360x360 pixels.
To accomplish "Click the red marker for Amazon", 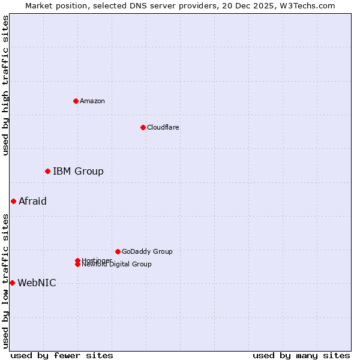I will click(x=76, y=101).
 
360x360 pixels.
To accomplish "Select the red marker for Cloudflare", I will click(x=143, y=127).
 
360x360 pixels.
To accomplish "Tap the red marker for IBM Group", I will click(x=47, y=172).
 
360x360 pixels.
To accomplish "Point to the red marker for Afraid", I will click(x=13, y=201).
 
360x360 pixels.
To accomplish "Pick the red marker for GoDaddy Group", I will click(x=118, y=251).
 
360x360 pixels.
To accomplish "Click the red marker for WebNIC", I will click(x=12, y=283).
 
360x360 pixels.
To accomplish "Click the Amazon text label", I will click(x=92, y=101).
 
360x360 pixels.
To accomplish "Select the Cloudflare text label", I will click(x=163, y=127).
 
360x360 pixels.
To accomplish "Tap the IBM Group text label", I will click(x=78, y=172).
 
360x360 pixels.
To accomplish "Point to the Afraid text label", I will click(x=32, y=201).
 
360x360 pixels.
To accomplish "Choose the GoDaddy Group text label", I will click(x=147, y=251).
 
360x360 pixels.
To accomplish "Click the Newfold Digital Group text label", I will click(x=116, y=265).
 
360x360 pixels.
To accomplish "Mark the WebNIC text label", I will click(x=37, y=283).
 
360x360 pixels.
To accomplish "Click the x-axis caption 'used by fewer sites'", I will click(x=62, y=355).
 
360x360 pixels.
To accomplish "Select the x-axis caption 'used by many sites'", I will click(x=301, y=355).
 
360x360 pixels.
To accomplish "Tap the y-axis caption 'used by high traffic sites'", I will click(x=5, y=85).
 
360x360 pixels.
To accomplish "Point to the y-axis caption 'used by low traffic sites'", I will click(x=5, y=281).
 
